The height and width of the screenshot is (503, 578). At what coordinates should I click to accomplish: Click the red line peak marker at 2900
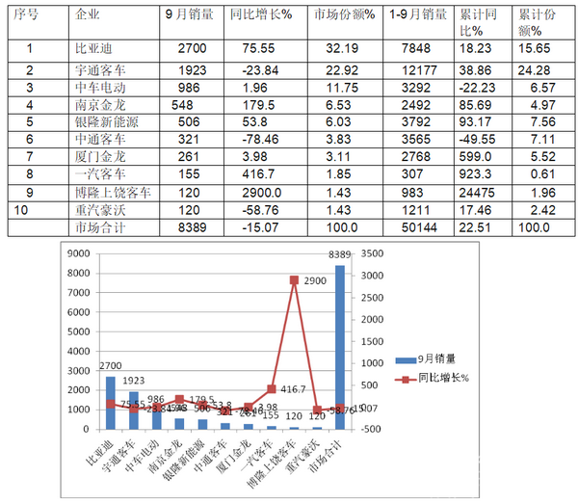(295, 279)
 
